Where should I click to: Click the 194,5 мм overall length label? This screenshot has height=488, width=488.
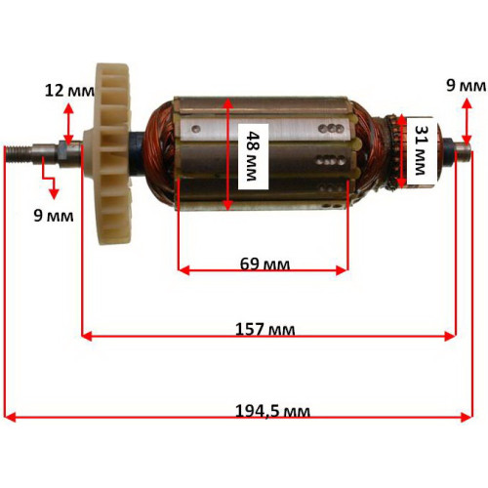tap(272, 411)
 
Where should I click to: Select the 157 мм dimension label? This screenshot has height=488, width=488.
tap(265, 329)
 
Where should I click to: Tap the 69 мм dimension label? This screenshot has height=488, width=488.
tap(264, 264)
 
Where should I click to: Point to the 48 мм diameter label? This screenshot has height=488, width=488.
tap(253, 156)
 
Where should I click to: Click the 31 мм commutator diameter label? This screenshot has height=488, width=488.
tap(422, 150)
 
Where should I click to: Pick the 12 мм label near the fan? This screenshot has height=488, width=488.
tap(69, 91)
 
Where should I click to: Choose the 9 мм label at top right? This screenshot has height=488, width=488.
tap(467, 86)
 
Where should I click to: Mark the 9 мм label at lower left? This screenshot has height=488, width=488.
tap(54, 216)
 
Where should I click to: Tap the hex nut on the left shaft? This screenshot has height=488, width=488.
tap(62, 152)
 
